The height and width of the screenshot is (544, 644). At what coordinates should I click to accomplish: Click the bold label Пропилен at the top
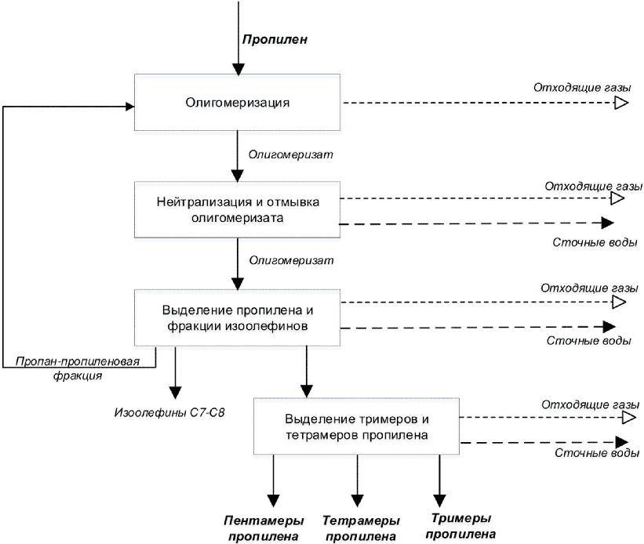tap(275, 39)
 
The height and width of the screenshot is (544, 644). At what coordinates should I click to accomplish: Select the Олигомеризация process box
tap(238, 102)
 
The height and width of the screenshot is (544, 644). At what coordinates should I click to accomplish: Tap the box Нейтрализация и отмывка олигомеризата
tap(238, 209)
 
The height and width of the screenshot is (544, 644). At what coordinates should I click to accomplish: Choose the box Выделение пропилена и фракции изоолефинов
tap(238, 317)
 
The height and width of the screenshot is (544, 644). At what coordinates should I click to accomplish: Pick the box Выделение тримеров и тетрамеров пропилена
tap(356, 426)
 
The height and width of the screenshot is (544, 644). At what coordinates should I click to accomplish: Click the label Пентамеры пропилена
tap(264, 528)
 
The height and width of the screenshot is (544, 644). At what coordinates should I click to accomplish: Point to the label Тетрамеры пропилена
tap(361, 528)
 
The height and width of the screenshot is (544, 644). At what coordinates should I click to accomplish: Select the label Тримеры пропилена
tap(460, 526)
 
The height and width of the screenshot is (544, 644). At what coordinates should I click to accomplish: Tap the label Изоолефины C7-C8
tap(169, 412)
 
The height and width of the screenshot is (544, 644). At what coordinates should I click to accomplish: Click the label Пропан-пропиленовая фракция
tap(78, 368)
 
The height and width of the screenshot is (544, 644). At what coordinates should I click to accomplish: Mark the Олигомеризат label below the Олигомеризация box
tap(291, 154)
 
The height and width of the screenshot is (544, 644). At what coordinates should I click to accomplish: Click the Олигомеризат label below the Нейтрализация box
tap(291, 260)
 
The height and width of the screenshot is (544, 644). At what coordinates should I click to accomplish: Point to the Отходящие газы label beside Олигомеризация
tap(582, 88)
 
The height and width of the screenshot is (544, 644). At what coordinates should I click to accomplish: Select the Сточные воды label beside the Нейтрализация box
tap(595, 242)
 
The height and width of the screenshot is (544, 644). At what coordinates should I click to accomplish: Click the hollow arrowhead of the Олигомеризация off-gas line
tap(622, 103)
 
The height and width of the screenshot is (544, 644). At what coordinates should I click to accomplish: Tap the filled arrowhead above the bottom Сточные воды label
tap(622, 442)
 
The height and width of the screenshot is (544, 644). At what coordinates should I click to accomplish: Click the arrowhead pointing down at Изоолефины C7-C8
tap(176, 393)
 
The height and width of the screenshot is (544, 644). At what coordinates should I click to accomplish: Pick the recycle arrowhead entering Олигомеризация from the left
tap(129, 107)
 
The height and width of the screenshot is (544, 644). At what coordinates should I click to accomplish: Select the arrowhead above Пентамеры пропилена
tap(273, 500)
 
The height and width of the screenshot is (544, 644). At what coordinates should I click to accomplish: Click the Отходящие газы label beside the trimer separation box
tap(590, 404)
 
